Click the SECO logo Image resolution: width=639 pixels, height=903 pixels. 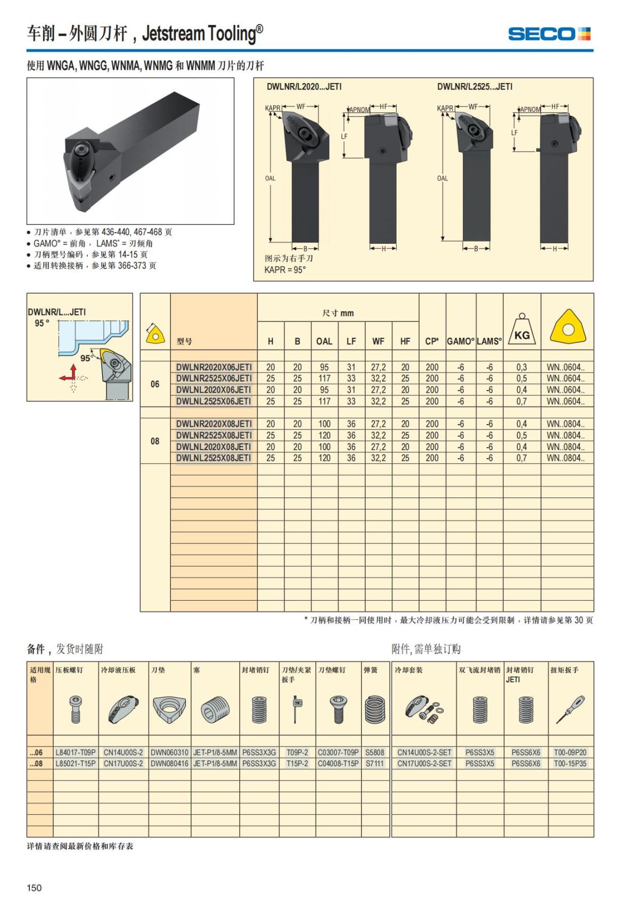click(x=549, y=34)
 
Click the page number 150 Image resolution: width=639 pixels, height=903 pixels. click(x=34, y=888)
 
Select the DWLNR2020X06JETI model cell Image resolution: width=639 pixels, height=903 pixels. click(x=214, y=367)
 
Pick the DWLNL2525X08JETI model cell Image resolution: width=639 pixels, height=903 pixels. click(x=214, y=458)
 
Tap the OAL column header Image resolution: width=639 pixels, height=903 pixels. click(x=324, y=342)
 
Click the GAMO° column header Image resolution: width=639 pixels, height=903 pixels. click(x=460, y=342)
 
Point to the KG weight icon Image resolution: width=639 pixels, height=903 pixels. click(x=521, y=331)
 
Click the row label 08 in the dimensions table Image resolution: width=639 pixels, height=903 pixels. click(x=155, y=441)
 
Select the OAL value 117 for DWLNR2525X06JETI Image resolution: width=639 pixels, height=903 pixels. click(x=324, y=378)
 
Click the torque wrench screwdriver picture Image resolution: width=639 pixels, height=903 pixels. click(x=570, y=709)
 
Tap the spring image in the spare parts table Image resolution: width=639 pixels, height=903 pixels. click(x=374, y=709)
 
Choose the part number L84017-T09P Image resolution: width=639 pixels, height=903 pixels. click(x=76, y=752)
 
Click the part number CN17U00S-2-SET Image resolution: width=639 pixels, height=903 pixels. click(x=424, y=764)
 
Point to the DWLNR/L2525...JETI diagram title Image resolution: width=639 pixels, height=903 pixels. click(x=474, y=87)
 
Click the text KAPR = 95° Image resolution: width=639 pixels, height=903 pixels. click(x=285, y=270)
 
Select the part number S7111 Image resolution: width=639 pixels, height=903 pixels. click(x=374, y=764)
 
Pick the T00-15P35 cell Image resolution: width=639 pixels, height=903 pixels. click(x=570, y=764)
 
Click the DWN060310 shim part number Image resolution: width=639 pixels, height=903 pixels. click(x=169, y=752)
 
